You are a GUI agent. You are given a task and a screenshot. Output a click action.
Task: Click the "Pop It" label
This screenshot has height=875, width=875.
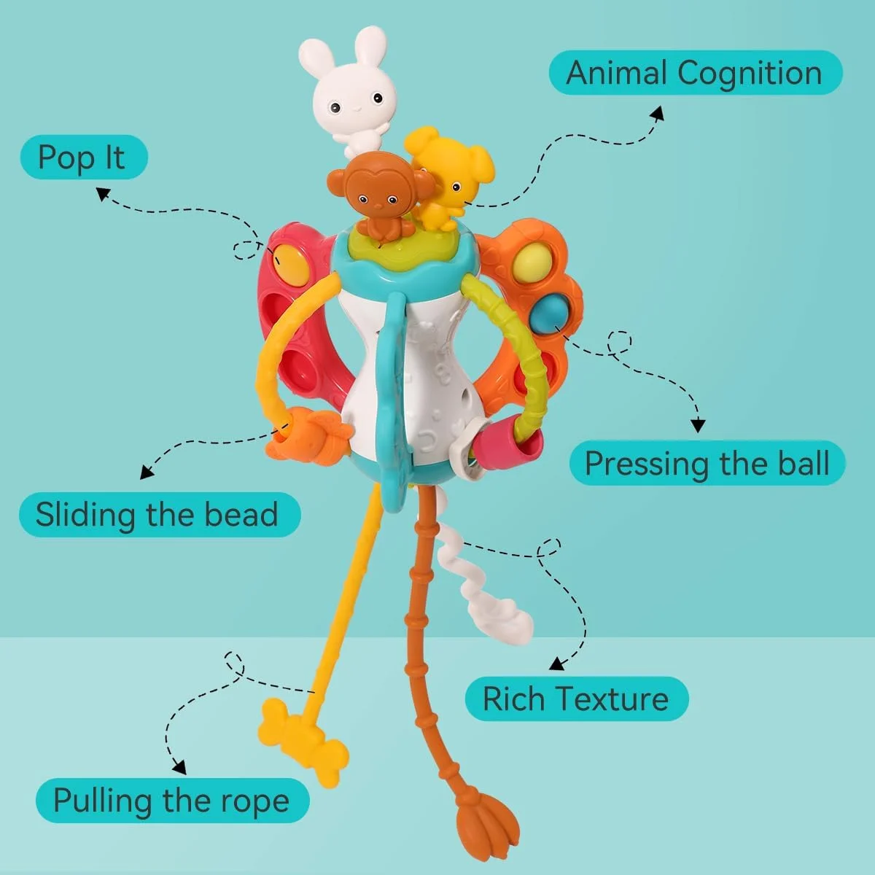click(x=84, y=157)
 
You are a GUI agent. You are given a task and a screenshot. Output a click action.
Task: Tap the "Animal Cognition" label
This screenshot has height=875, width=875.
click(x=695, y=73)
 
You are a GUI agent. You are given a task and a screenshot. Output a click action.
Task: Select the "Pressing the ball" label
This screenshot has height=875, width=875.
click(x=707, y=463)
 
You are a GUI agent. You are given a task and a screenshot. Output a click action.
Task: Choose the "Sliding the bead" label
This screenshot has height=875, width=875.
click(x=160, y=515)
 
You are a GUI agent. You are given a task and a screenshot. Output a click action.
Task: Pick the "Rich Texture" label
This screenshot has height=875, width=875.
click(x=577, y=699)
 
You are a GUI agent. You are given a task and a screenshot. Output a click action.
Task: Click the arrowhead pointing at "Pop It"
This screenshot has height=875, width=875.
click(x=103, y=194)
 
